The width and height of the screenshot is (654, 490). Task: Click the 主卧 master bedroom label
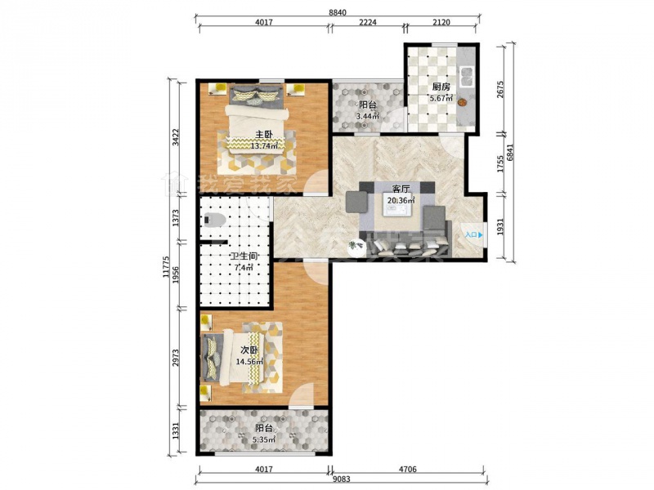point(263,135)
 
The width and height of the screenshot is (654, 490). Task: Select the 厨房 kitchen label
point(441,87)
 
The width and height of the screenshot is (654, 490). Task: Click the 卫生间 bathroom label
point(243,256)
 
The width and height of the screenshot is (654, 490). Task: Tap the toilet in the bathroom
point(215,219)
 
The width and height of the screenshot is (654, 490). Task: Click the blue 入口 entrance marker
point(474,235)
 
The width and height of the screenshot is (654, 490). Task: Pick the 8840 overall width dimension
point(338,12)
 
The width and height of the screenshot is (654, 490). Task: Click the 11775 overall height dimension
point(166,267)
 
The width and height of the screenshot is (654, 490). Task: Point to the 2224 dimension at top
point(367,22)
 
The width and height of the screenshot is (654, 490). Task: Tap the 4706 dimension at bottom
point(407,469)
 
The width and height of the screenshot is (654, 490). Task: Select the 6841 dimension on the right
point(509,153)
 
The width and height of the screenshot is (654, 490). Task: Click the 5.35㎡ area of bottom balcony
point(264,439)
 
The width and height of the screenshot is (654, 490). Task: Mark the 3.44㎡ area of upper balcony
point(367,116)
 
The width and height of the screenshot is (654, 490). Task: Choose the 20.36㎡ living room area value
point(401,200)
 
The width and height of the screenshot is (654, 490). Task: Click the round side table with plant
point(356,247)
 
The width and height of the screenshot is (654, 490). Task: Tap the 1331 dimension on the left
point(176,430)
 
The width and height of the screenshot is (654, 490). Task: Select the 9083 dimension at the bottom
point(342,479)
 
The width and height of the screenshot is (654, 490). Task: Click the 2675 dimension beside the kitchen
point(500,89)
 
